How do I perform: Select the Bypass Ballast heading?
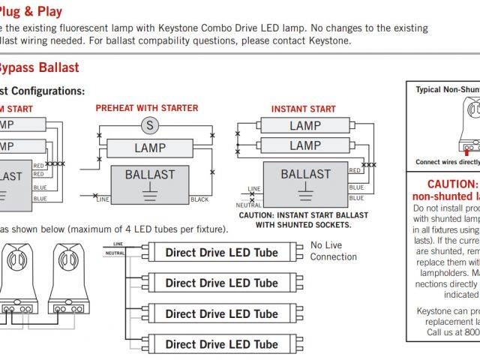tap(37, 67)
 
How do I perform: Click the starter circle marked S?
tap(149, 125)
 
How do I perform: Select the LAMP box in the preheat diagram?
tap(150, 148)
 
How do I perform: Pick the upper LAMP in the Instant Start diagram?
tap(305, 126)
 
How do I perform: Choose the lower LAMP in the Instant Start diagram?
tap(305, 145)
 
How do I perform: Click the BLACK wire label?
tap(199, 200)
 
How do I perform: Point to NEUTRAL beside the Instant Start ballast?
tap(250, 205)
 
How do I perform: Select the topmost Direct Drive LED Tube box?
tap(221, 252)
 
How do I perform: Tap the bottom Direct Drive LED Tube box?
tap(221, 345)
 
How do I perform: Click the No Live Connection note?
tap(334, 251)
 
